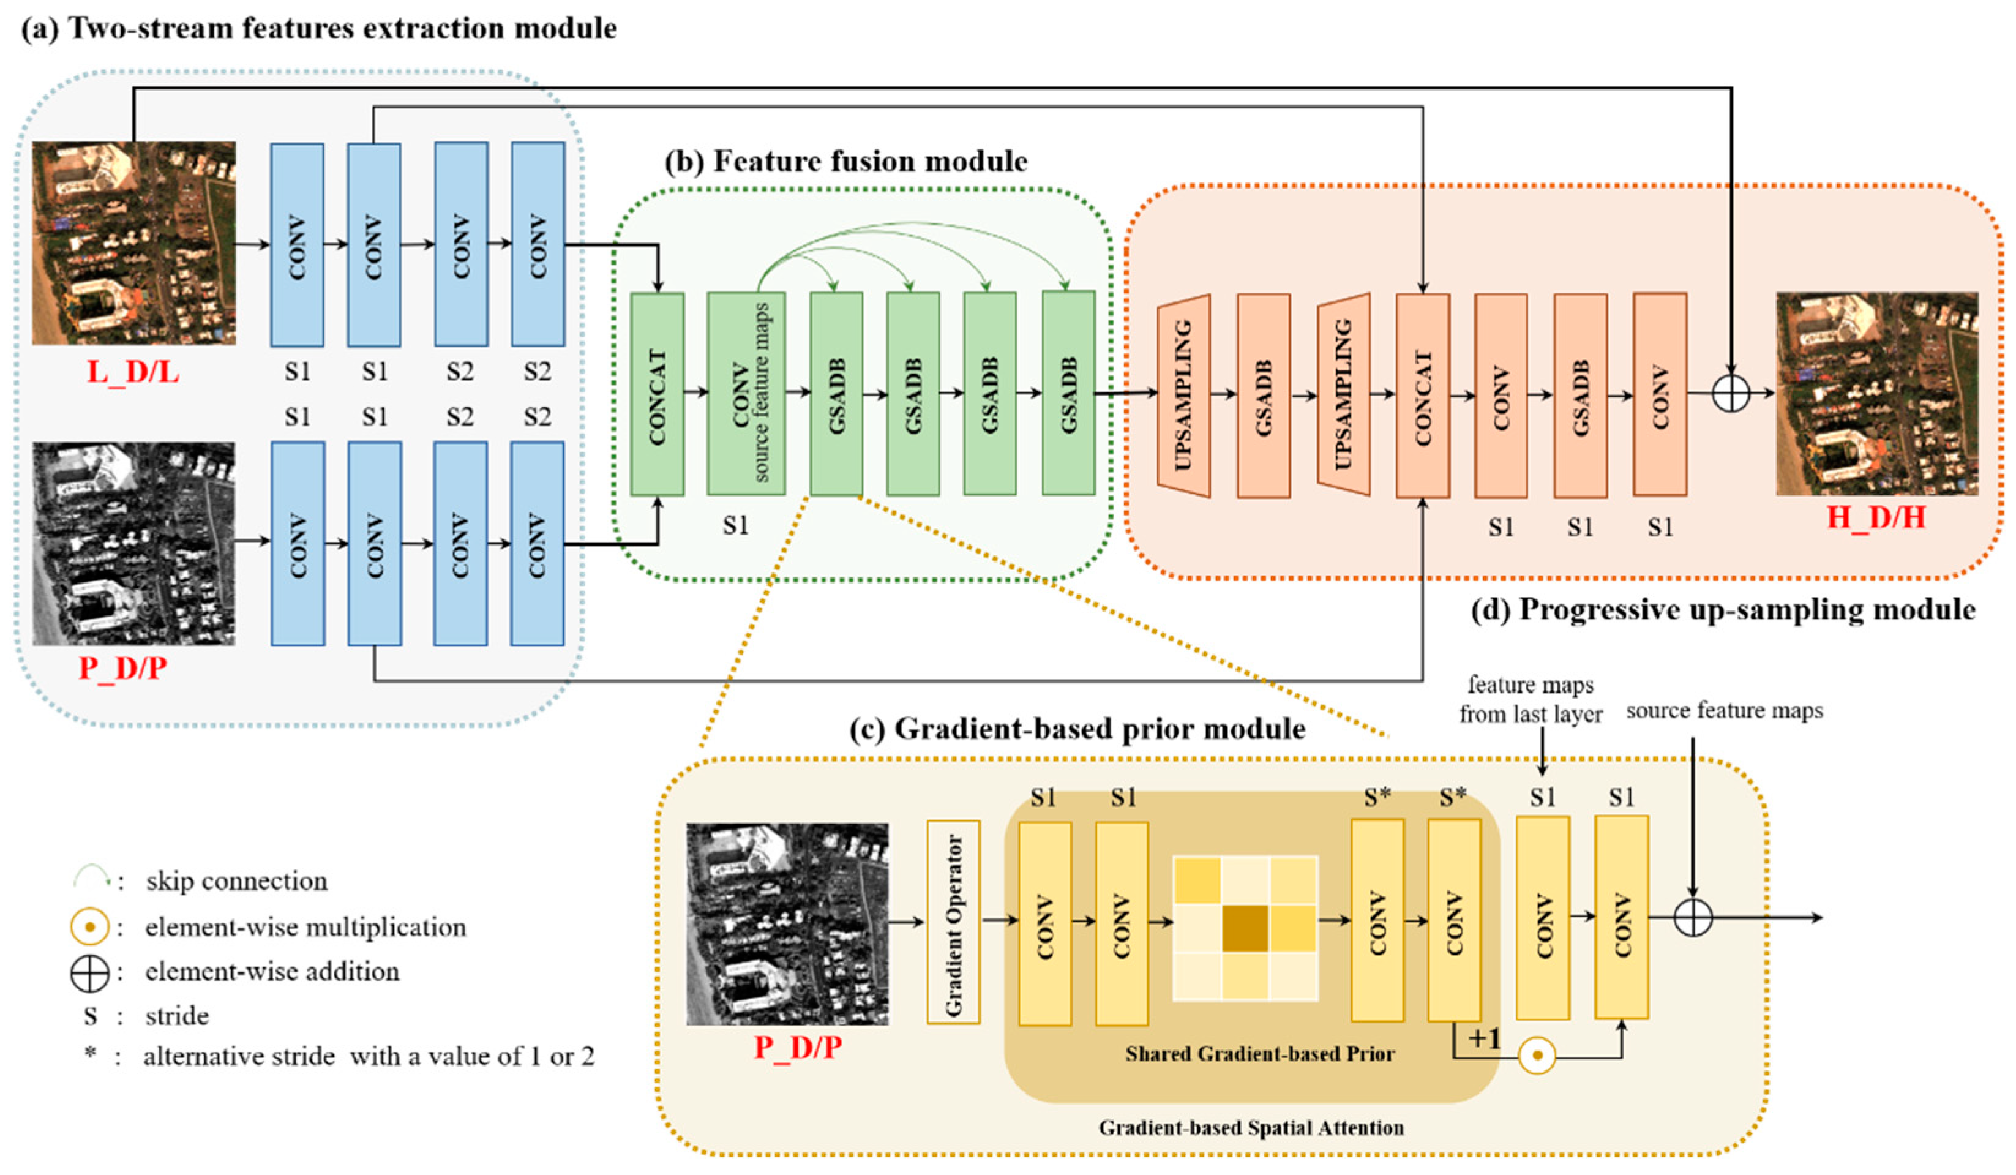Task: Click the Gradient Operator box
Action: pos(953,922)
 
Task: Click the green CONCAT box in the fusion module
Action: pos(657,394)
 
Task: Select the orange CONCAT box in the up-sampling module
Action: pos(1422,396)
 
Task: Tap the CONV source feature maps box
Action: pos(746,394)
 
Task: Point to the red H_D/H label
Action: pos(1875,519)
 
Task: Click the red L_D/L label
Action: pos(133,372)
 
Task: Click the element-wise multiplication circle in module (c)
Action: pos(1536,1056)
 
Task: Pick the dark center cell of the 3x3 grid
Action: pos(1245,928)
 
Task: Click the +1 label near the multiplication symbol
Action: pos(1485,1039)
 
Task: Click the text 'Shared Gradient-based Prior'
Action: pos(1259,1053)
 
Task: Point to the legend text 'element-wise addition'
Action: pos(272,972)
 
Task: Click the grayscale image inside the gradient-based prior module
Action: pos(787,924)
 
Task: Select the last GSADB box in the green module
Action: pos(1068,392)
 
